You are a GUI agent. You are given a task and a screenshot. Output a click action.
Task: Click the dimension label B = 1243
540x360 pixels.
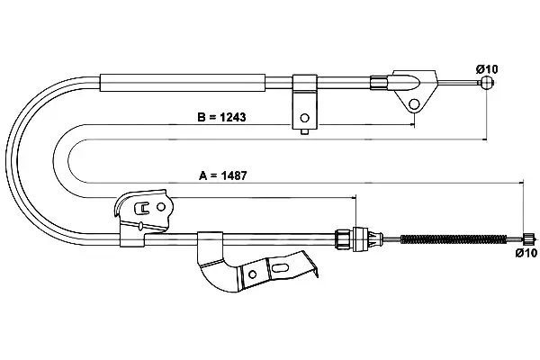pos(221,117)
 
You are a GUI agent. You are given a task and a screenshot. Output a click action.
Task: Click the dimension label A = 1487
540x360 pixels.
pos(223,175)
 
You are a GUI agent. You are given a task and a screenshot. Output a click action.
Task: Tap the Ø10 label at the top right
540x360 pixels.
pos(487,69)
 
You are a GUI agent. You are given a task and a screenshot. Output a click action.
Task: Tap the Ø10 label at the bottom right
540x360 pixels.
pos(526,253)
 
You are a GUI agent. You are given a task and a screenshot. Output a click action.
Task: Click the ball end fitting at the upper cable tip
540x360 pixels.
pos(486,83)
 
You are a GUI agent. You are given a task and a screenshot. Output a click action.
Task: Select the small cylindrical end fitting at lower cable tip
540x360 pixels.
pos(528,238)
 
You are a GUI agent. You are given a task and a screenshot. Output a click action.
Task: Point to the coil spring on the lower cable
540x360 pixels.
pos(454,238)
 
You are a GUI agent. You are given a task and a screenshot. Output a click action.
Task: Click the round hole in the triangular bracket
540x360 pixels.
pos(414,103)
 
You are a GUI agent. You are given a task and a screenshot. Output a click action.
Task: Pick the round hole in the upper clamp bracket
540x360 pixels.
pos(304,118)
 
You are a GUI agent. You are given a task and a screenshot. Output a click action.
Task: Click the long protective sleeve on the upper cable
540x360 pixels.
pos(183,83)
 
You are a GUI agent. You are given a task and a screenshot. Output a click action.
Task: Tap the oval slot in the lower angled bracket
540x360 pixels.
pos(280,267)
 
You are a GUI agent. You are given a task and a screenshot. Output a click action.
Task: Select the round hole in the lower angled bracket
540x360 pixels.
pos(252,274)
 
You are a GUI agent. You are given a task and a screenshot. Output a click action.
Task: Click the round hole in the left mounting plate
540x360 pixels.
pos(161,207)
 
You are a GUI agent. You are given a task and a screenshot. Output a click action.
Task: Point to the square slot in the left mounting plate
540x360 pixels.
pos(142,207)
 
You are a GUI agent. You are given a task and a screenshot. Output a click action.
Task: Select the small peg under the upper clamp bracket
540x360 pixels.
pos(304,131)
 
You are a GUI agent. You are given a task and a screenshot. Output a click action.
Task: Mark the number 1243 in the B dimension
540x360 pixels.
pos(233,117)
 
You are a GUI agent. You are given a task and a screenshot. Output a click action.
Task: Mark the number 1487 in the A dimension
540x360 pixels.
pos(234,175)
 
